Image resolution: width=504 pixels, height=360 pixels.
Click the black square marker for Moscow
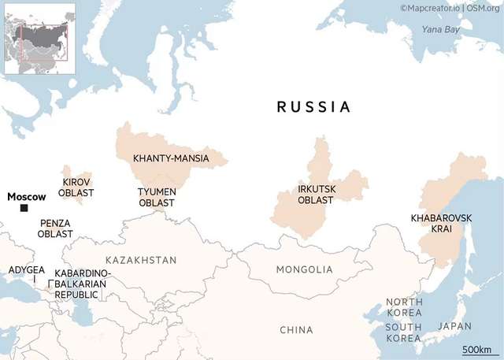pyautogui.click(x=24, y=208)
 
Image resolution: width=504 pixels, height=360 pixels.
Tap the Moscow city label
pyautogui.click(x=26, y=196)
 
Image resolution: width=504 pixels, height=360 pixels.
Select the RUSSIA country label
pyautogui.click(x=313, y=107)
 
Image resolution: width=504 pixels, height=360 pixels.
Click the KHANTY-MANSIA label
pyautogui.click(x=171, y=159)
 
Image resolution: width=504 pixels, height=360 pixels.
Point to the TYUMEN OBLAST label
pyautogui.click(x=157, y=197)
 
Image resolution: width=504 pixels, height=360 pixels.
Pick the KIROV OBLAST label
pyautogui.click(x=77, y=187)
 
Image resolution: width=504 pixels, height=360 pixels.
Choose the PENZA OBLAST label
pyautogui.click(x=55, y=228)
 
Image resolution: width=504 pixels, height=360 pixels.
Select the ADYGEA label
pyautogui.click(x=26, y=270)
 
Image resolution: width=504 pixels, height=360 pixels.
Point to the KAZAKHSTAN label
pyautogui.click(x=141, y=260)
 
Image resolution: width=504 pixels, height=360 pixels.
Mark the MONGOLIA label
pyautogui.click(x=304, y=269)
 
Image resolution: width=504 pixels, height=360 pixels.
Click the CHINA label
pyautogui.click(x=296, y=330)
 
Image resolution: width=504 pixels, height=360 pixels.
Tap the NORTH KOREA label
pyautogui.click(x=404, y=307)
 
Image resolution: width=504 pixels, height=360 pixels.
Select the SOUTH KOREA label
pyautogui.click(x=403, y=332)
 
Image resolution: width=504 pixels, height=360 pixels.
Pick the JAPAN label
pyautogui.click(x=454, y=326)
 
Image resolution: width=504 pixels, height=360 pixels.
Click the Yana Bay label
pyautogui.click(x=440, y=29)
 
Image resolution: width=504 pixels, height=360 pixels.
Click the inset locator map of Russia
pyautogui.click(x=40, y=39)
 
